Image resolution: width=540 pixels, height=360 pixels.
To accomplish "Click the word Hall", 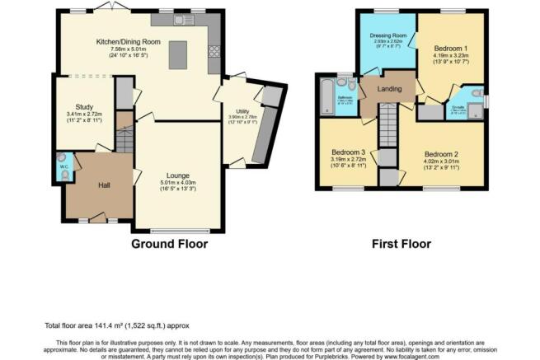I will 104,185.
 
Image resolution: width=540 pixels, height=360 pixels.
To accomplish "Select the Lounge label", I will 178,175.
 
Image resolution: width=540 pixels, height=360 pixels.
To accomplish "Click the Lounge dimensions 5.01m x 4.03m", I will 178,182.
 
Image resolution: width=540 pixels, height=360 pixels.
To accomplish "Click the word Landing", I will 389,89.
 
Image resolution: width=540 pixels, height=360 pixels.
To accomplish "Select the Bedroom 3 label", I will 348,153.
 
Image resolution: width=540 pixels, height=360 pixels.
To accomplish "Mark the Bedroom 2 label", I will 441,154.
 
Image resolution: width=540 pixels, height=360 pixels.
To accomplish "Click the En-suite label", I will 458,106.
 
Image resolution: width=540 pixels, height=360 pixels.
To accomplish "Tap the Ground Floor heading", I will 169,244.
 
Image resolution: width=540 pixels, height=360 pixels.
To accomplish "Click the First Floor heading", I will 401,244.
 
